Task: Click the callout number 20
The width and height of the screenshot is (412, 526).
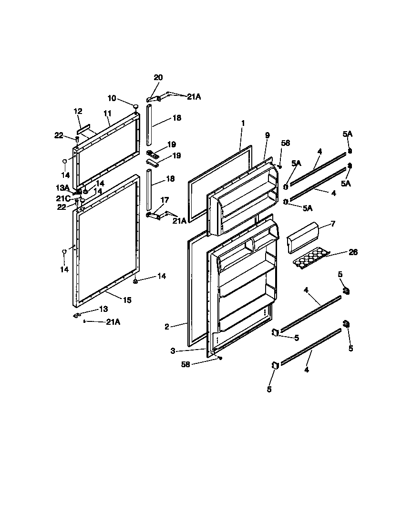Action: click(x=158, y=77)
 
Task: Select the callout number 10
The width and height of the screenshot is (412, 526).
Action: click(x=112, y=98)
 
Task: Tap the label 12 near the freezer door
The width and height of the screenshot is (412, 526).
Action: click(x=78, y=111)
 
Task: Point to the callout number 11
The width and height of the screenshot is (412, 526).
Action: click(x=107, y=114)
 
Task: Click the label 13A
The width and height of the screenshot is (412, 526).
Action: click(x=63, y=187)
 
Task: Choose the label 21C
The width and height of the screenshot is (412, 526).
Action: click(x=63, y=198)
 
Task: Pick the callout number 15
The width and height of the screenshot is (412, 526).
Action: click(x=127, y=300)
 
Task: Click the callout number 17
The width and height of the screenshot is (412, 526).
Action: click(x=165, y=200)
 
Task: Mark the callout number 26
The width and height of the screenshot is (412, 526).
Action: click(x=353, y=252)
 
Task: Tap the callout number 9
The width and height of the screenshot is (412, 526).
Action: click(x=267, y=135)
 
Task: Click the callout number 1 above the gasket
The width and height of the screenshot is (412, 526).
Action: click(x=243, y=123)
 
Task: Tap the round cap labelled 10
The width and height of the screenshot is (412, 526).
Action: click(x=135, y=106)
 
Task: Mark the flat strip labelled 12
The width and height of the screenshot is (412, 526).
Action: click(x=85, y=129)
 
